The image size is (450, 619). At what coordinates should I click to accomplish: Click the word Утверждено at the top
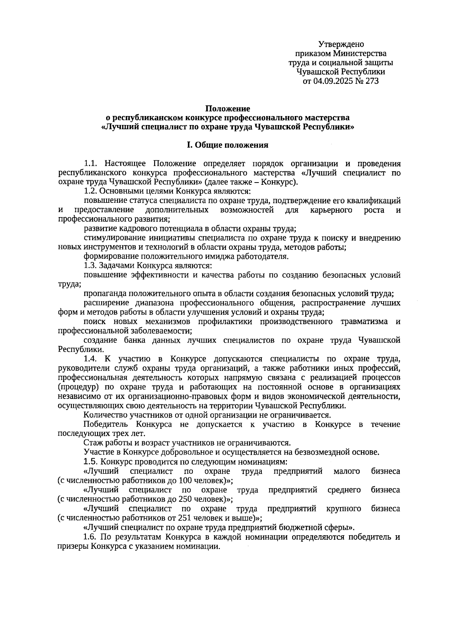pyautogui.click(x=341, y=44)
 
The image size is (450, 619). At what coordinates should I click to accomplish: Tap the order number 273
pyautogui.click(x=371, y=81)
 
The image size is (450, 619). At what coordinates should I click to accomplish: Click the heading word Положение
pyautogui.click(x=227, y=109)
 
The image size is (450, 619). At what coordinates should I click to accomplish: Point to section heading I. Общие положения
pyautogui.click(x=227, y=145)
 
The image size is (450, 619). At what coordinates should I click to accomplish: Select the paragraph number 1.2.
pyautogui.click(x=91, y=191)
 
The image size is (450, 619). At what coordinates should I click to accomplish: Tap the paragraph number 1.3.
pyautogui.click(x=91, y=266)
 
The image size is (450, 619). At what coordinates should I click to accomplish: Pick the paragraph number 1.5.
pyautogui.click(x=91, y=462)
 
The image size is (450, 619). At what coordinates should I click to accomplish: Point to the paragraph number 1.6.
pyautogui.click(x=91, y=537)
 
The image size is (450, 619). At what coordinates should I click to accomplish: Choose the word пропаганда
pyautogui.click(x=102, y=294)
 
